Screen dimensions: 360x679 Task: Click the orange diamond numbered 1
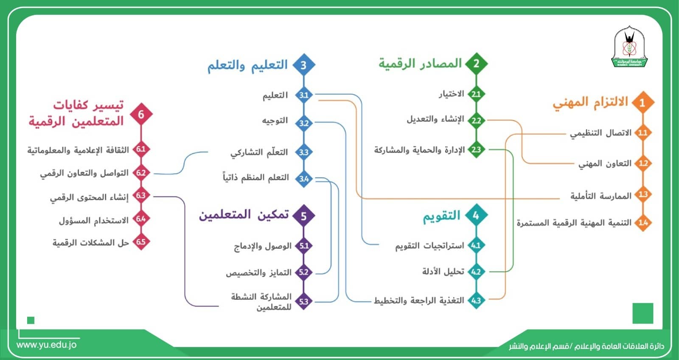643,102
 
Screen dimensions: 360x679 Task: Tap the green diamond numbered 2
476,64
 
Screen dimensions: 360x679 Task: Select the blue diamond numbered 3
303,65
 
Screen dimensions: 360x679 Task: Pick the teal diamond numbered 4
476,216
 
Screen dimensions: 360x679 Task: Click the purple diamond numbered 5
303,216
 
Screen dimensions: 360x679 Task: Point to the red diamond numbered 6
141,114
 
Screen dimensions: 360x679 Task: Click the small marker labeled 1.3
643,194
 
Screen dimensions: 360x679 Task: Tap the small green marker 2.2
476,121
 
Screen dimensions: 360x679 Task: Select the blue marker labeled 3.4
304,179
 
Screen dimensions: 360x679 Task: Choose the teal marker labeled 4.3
476,301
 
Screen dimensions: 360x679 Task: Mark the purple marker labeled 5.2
303,272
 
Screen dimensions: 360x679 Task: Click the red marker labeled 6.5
141,242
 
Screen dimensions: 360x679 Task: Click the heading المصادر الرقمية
420,64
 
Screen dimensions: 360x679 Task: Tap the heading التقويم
441,216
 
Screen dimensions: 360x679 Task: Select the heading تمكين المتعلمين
244,215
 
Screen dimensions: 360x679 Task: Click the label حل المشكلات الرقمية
90,243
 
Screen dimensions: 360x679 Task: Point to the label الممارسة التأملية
600,196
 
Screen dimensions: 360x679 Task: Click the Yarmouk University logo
629,48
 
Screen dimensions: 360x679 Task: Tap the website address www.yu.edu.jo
47,345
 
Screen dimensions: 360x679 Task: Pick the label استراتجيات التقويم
429,246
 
